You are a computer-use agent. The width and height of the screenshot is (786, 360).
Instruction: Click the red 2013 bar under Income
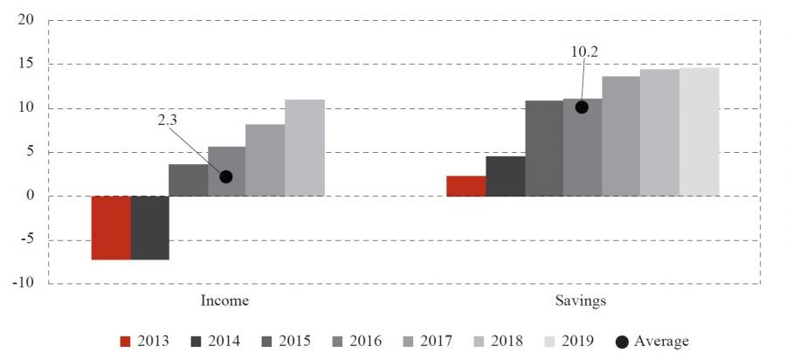(x=111, y=227)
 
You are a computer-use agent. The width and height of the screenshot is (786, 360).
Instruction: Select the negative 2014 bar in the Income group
(x=149, y=227)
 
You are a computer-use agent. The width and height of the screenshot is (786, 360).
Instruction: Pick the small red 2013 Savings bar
(x=465, y=186)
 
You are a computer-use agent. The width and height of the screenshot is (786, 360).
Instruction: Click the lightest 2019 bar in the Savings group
(x=700, y=132)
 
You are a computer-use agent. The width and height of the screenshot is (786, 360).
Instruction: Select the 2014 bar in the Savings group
(x=505, y=176)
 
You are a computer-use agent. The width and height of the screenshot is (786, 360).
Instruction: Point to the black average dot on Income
(x=226, y=177)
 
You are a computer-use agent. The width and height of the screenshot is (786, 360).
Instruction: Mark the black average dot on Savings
(x=582, y=107)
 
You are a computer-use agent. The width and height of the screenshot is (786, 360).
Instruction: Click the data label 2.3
(x=168, y=122)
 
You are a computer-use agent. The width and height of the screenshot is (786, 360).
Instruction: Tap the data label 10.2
(x=584, y=52)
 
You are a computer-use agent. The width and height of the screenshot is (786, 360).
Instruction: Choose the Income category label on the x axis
(x=225, y=301)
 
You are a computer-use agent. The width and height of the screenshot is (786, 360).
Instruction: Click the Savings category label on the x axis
(x=581, y=301)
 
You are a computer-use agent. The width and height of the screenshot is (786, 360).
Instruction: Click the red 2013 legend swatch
(x=125, y=341)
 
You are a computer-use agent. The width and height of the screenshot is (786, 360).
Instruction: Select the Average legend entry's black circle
(x=622, y=341)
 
